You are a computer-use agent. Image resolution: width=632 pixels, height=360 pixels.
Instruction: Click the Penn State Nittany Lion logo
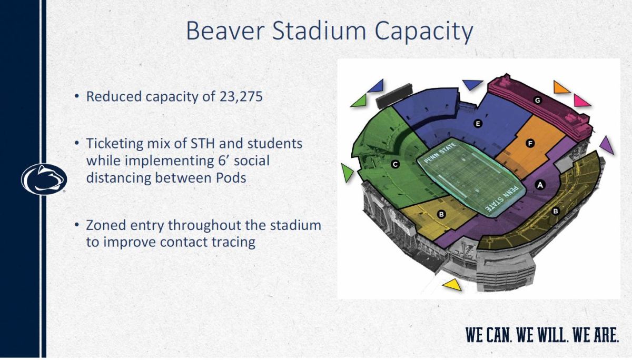tap(44, 179)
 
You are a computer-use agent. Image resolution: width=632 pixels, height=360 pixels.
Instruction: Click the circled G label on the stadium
tap(537, 100)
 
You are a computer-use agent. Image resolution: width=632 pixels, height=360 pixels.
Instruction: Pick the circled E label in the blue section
tap(478, 124)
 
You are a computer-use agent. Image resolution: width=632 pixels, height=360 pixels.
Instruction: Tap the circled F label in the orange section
tap(530, 143)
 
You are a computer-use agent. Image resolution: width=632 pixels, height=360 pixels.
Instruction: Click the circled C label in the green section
tap(395, 165)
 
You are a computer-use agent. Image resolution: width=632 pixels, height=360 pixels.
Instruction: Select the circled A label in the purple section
tap(539, 185)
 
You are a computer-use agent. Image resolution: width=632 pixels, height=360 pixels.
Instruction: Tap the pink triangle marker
tap(582, 100)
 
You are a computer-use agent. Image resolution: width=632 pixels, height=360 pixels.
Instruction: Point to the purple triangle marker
tap(607, 144)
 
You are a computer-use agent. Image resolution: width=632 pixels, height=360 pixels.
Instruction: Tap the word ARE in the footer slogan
tap(605, 335)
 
